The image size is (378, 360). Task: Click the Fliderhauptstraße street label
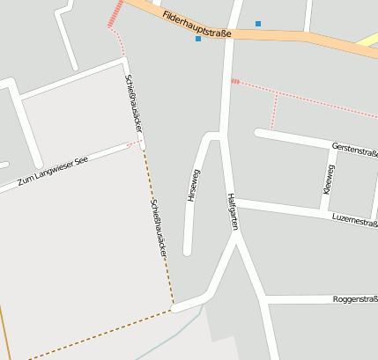point(196,25)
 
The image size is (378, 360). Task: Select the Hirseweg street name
point(194,186)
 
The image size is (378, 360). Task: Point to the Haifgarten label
point(233,211)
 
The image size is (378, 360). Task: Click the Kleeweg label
point(330,179)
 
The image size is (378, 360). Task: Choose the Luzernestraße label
point(354,220)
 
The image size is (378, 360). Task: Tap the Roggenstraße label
point(355,299)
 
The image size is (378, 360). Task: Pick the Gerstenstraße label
point(354,149)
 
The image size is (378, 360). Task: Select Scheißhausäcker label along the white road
point(133,105)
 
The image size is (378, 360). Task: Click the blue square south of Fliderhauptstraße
point(198,39)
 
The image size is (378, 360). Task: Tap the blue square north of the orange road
point(258,23)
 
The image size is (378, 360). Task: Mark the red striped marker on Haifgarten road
point(235,82)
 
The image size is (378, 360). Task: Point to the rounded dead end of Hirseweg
point(187,252)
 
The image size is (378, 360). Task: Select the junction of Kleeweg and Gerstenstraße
point(334,147)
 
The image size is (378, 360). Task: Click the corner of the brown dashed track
point(173,309)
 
